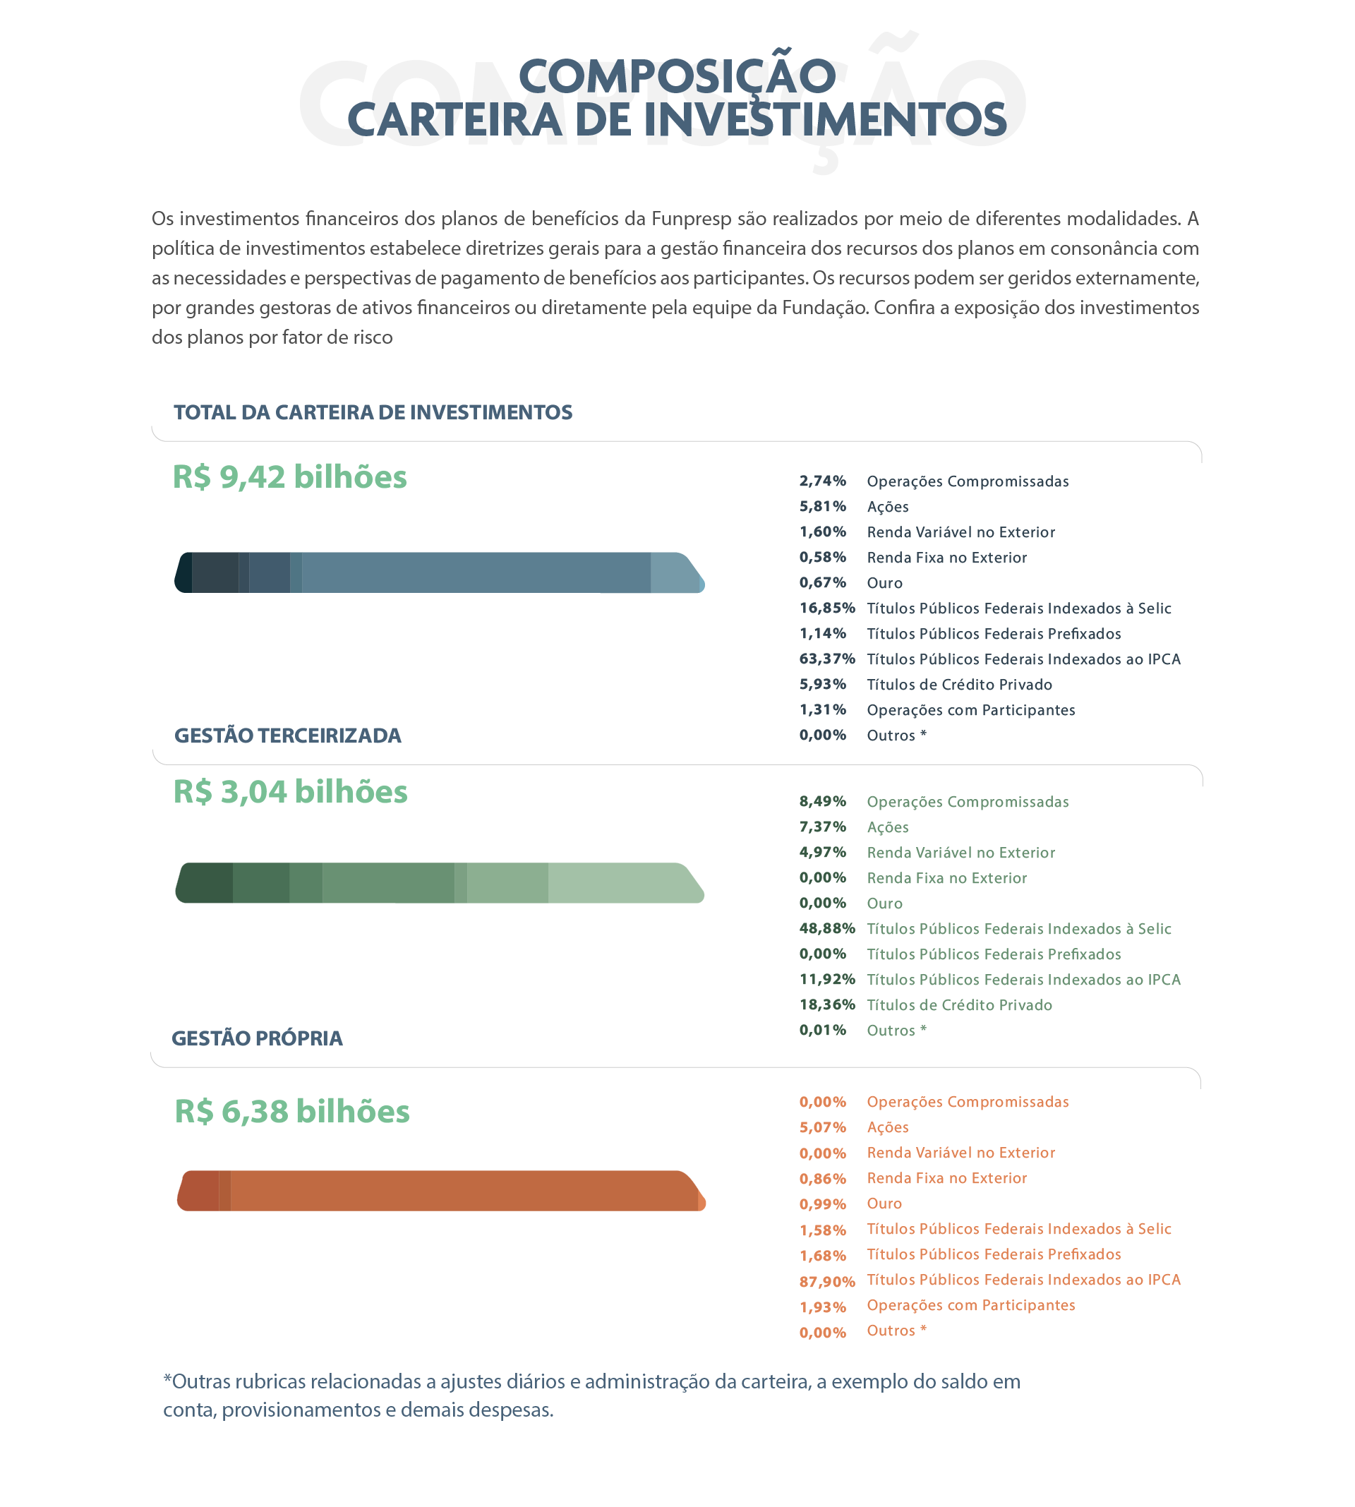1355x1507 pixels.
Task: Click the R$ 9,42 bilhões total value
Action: click(x=289, y=477)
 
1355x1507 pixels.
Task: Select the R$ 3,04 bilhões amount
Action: click(x=290, y=791)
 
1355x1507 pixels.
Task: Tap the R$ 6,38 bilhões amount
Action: click(x=292, y=1111)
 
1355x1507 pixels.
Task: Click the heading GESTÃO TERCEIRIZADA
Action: click(x=287, y=736)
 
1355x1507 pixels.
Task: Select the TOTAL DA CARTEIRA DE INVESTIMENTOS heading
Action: click(x=373, y=412)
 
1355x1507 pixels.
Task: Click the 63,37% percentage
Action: click(x=826, y=659)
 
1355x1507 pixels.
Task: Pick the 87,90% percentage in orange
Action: click(x=826, y=1281)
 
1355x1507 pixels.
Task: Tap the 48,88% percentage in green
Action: click(x=826, y=928)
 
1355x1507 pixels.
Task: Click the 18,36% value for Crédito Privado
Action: click(x=826, y=1004)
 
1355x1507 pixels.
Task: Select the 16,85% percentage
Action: click(x=826, y=608)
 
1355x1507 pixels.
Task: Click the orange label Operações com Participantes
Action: click(x=971, y=1305)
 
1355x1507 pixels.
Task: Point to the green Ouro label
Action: click(x=884, y=903)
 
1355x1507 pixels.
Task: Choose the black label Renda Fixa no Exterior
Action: click(x=946, y=558)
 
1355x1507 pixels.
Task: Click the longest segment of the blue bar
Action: click(x=476, y=572)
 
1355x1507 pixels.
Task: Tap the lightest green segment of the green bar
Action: click(x=622, y=883)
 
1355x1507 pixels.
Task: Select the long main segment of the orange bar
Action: click(x=462, y=1191)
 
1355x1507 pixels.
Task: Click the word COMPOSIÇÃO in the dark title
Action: click(x=677, y=76)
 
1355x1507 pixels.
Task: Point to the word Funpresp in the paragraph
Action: click(x=691, y=219)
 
